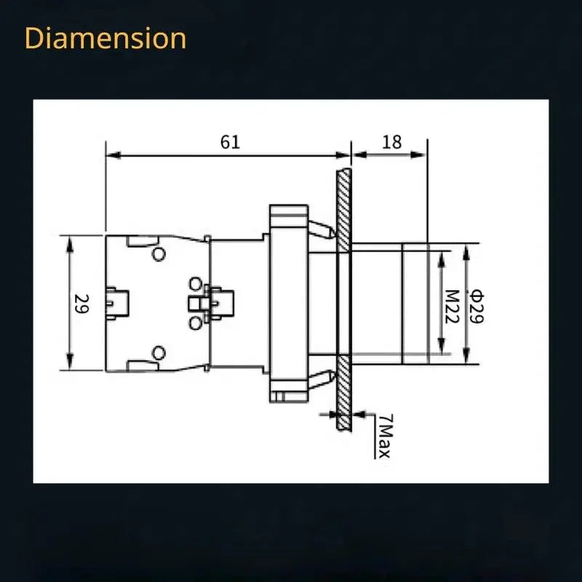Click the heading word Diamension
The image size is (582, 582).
[105, 39]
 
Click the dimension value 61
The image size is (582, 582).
[230, 142]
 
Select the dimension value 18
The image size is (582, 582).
[391, 142]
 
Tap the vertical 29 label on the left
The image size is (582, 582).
[81, 303]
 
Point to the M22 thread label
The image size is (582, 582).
[452, 306]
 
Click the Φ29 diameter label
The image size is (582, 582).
[477, 306]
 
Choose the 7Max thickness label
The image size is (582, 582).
[384, 436]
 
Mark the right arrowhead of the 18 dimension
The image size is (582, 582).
[418, 155]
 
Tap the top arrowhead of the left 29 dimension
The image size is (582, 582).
[70, 245]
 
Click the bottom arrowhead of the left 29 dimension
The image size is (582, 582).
[70, 362]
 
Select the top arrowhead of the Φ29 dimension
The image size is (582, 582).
[466, 252]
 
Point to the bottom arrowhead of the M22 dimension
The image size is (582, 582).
[441, 346]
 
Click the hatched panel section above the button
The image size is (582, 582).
[343, 210]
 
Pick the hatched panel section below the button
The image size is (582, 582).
[343, 393]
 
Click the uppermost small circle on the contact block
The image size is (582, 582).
[159, 254]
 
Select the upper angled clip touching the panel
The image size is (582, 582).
[322, 230]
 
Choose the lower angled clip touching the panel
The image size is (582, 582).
[322, 379]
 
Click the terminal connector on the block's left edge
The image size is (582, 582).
[117, 303]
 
